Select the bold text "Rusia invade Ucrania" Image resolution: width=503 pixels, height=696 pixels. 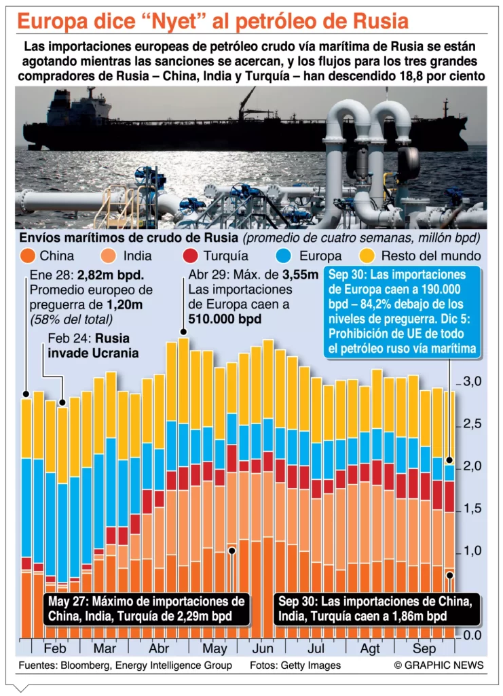tap(92, 347)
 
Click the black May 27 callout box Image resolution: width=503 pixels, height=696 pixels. tap(145, 609)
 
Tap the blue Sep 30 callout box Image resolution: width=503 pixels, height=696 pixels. tap(405, 312)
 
